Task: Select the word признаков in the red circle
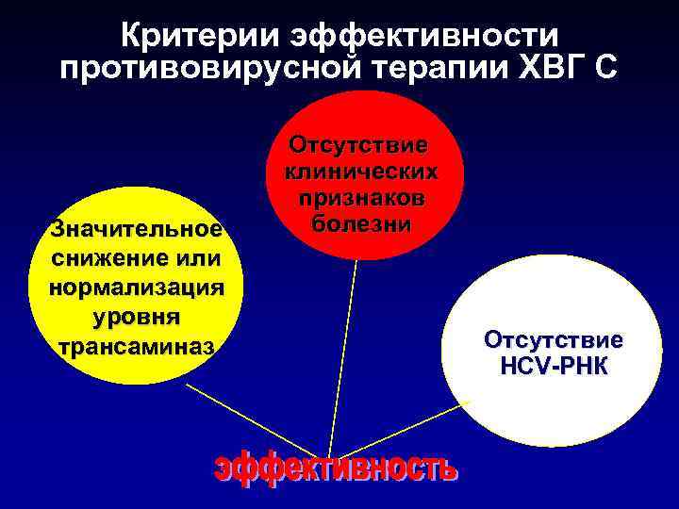tap(361, 199)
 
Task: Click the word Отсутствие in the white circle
tap(553, 340)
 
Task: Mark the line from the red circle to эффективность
tap(342, 358)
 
